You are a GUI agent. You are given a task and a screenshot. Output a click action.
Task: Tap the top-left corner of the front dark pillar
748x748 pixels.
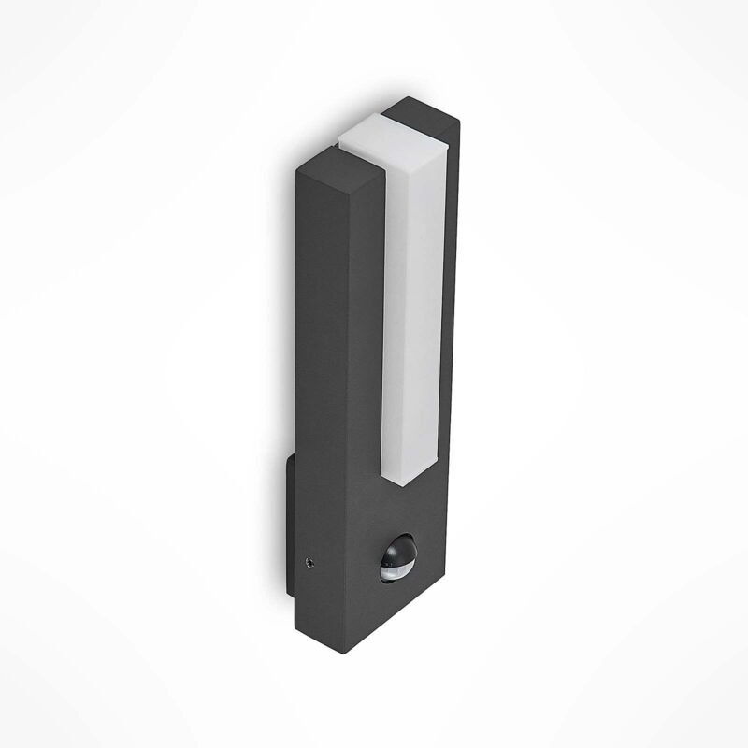[296, 172]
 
